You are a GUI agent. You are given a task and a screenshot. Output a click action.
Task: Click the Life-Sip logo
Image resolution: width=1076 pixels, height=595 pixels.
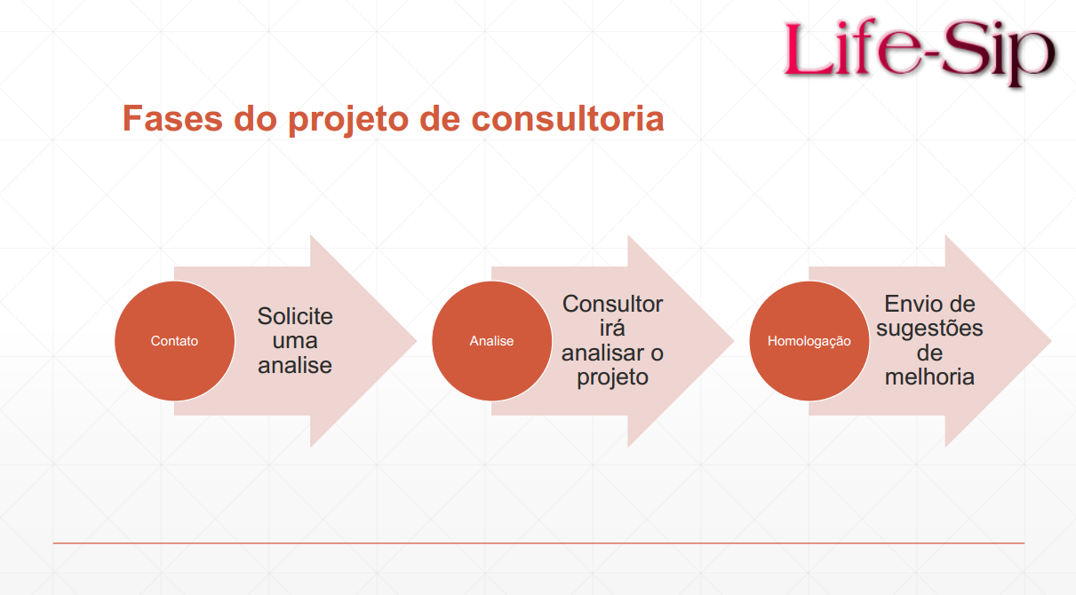pyautogui.click(x=919, y=52)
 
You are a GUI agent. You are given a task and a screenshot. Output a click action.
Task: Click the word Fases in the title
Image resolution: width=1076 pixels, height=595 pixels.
pyautogui.click(x=173, y=118)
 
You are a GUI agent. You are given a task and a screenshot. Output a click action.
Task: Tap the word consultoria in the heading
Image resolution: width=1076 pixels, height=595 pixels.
pyautogui.click(x=568, y=118)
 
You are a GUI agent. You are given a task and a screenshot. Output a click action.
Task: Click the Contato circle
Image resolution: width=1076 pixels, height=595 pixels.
pyautogui.click(x=174, y=341)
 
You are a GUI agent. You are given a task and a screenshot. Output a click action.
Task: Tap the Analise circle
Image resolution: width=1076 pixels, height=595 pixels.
pyautogui.click(x=492, y=341)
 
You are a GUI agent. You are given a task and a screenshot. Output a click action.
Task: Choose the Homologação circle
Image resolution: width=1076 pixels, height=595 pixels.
pyautogui.click(x=809, y=341)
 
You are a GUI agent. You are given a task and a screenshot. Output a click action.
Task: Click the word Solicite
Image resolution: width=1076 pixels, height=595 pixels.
pyautogui.click(x=295, y=316)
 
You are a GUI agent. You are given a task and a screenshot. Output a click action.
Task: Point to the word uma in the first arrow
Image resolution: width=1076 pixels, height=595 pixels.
pyautogui.click(x=295, y=341)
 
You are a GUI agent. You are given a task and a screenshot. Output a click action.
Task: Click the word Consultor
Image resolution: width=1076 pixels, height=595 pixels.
pyautogui.click(x=612, y=304)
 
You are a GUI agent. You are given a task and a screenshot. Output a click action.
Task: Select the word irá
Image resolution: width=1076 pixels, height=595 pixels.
pyautogui.click(x=612, y=328)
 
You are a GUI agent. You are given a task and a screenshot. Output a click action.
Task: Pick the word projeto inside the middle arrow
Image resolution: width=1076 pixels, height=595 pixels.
pyautogui.click(x=612, y=378)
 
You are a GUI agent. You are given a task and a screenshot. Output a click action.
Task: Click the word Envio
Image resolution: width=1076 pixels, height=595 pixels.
pyautogui.click(x=907, y=304)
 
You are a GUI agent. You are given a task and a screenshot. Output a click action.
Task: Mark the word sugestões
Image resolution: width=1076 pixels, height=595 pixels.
pyautogui.click(x=929, y=329)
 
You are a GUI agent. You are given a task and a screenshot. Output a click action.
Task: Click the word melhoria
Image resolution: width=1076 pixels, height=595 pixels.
pyautogui.click(x=929, y=377)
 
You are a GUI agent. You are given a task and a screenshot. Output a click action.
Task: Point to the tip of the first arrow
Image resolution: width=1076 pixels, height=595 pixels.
pyautogui.click(x=417, y=341)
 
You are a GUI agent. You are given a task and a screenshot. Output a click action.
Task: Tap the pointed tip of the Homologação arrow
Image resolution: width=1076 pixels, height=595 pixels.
pyautogui.click(x=1051, y=341)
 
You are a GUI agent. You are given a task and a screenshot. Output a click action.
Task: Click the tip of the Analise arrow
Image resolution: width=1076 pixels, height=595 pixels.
pyautogui.click(x=734, y=341)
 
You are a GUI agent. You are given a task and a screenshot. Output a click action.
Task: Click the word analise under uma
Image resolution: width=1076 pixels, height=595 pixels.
pyautogui.click(x=295, y=366)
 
